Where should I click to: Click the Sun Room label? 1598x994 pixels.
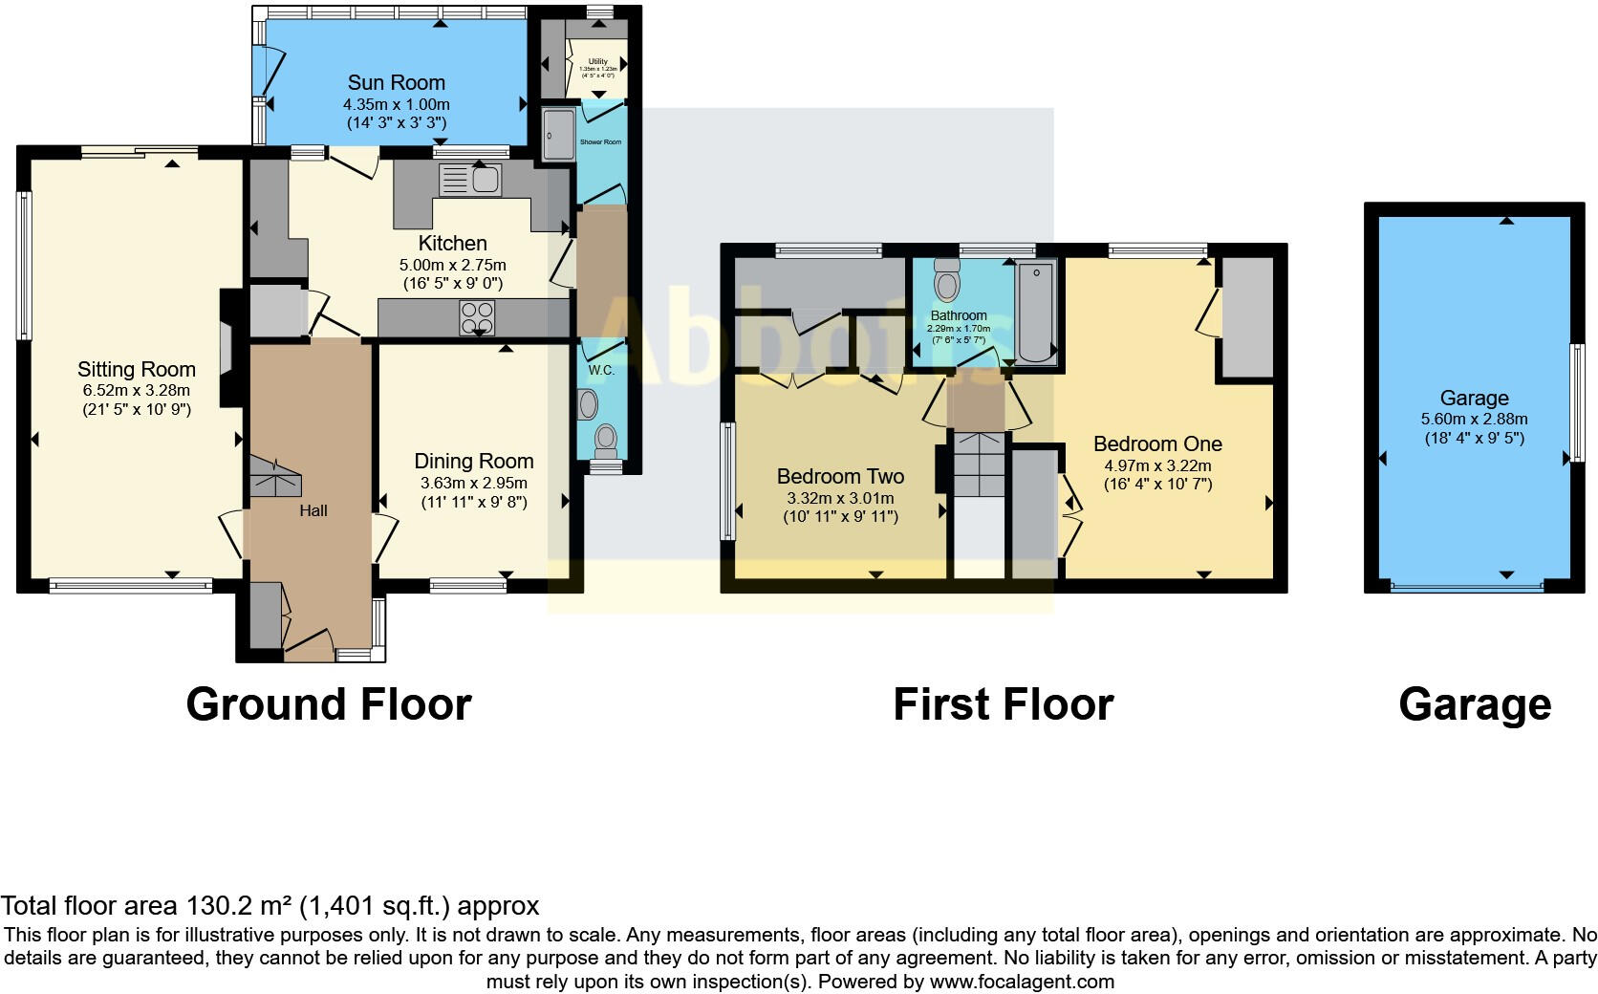point(396,82)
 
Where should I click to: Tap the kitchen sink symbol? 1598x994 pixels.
point(471,179)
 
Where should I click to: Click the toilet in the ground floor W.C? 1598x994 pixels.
point(605,441)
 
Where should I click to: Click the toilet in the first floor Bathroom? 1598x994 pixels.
point(946,279)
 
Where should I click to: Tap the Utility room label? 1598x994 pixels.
point(598,61)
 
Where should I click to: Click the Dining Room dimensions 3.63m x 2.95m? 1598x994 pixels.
point(473,484)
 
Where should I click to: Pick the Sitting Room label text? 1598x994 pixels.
point(137,369)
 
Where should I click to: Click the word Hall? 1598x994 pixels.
point(313,511)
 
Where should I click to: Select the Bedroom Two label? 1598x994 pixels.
point(840,476)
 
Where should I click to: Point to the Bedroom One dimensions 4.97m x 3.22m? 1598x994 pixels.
point(1157,465)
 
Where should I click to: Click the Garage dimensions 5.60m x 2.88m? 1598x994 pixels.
point(1474,420)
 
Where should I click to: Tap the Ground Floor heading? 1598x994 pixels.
point(329,704)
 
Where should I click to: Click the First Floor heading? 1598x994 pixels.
point(1003,704)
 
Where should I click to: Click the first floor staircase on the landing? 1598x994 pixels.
point(979,464)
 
